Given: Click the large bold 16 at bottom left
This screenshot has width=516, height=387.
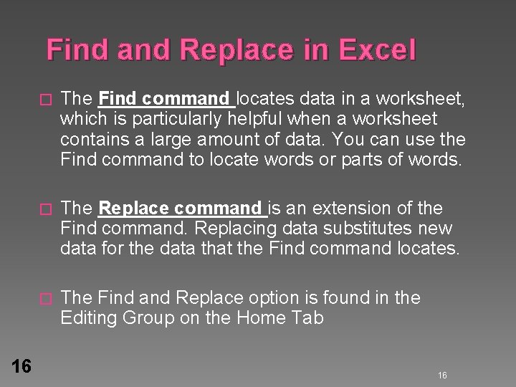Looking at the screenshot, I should (21, 366).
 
